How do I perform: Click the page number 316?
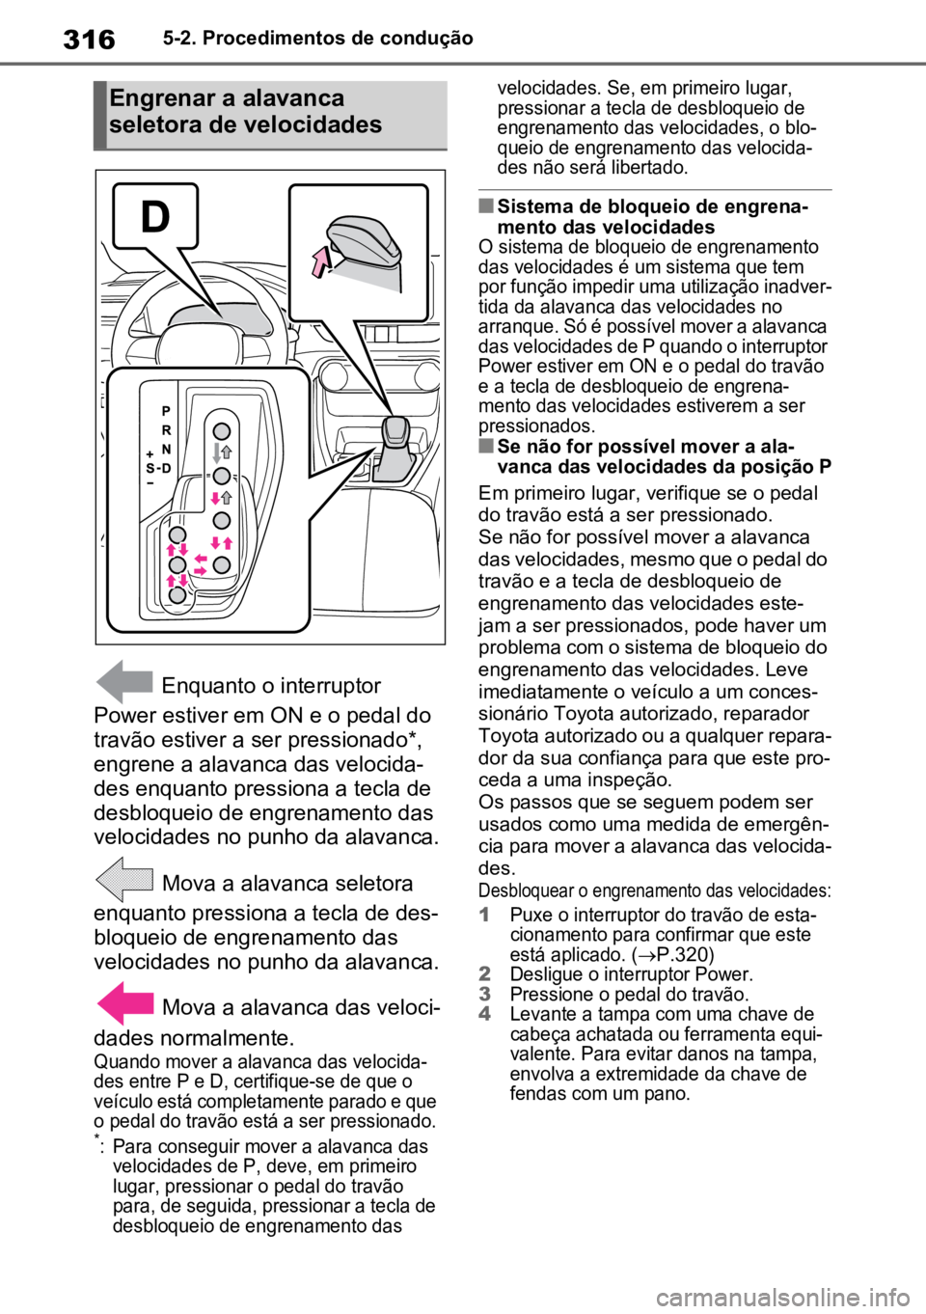coord(89,40)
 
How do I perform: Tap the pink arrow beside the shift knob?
coord(319,261)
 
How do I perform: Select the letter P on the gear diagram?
coord(166,411)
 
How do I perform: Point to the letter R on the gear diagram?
coord(166,430)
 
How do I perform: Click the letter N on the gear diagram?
coord(166,450)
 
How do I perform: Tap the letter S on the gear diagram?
coord(150,468)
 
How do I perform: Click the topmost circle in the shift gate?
coord(222,431)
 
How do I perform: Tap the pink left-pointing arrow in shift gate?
coord(201,559)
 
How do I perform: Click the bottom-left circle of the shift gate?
coord(177,595)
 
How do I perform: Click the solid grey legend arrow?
coord(124,682)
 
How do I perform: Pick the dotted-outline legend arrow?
coord(124,879)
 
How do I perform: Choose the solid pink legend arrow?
coord(124,1003)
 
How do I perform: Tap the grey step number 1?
coord(484,915)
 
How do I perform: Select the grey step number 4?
coord(484,1014)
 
